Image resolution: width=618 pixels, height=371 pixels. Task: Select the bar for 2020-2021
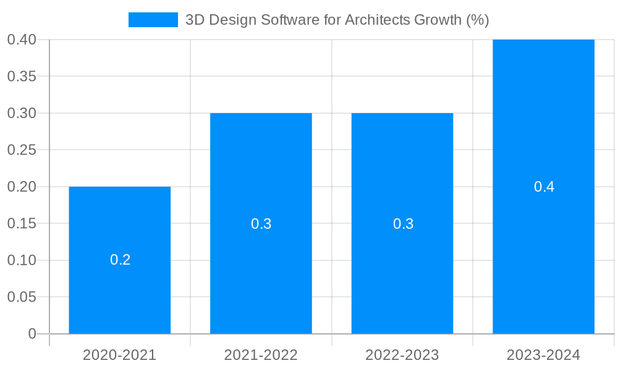coord(119,291)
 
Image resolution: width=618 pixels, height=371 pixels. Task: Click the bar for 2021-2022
coord(261,278)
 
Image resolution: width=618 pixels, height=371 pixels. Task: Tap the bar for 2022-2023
coord(402,278)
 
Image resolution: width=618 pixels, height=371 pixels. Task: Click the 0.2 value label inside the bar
coord(120,260)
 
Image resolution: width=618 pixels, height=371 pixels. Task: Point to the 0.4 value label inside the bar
coord(544,187)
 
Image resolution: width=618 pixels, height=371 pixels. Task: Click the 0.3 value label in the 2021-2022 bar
coord(261,224)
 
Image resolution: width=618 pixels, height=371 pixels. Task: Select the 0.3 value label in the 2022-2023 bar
coord(403,224)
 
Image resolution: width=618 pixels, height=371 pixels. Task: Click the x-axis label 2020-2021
coord(119,355)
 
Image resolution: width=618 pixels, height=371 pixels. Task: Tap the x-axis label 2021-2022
coord(261,355)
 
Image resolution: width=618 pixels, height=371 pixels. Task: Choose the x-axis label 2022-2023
coord(402,355)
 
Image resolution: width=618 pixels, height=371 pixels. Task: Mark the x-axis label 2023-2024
coord(543,355)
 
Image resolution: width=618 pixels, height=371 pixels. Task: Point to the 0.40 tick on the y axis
coord(22,40)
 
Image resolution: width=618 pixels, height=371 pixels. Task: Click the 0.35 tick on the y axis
coord(22,77)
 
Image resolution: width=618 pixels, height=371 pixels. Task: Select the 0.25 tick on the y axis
coord(22,150)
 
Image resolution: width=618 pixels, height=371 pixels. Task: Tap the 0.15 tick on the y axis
coord(22,223)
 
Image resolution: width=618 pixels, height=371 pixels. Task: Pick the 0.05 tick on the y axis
coord(22,297)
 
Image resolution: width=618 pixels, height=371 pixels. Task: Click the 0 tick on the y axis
coord(32,334)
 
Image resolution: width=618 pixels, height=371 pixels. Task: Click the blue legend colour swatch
coord(153,20)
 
